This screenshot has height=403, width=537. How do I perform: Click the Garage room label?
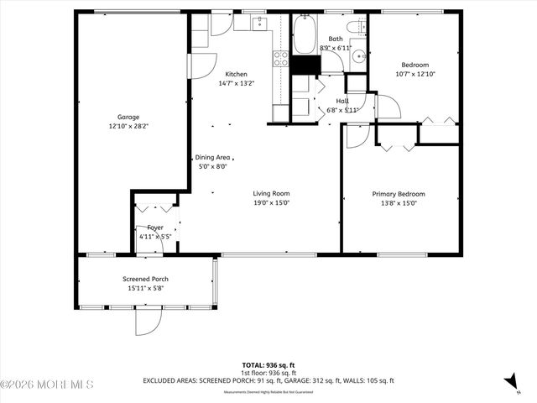(128, 117)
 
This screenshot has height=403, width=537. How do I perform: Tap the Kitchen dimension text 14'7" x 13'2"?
(236, 83)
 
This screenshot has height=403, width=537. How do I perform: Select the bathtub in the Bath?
(303, 38)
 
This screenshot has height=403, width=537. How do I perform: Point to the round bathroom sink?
(357, 57)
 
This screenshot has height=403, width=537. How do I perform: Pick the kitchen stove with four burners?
(280, 59)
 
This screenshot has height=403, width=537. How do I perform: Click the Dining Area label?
(212, 157)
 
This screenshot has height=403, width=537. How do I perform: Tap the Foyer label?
(155, 228)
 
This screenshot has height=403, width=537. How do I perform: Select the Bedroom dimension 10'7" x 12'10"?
(414, 74)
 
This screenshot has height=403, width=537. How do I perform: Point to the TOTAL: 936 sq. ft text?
(268, 364)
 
